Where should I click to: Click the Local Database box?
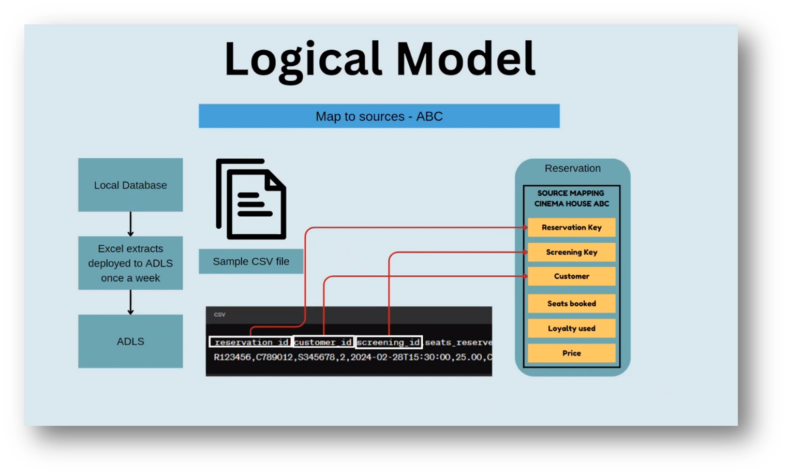[130, 185]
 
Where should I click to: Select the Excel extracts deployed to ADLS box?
[130, 263]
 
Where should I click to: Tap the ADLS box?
[130, 341]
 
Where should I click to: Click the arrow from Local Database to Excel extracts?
[130, 224]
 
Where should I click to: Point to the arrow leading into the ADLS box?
[130, 302]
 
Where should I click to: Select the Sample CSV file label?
[251, 261]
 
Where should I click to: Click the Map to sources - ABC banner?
[379, 116]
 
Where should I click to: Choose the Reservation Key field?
[571, 227]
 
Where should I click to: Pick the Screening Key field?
[571, 252]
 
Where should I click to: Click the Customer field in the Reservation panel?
[571, 276]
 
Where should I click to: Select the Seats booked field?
[571, 304]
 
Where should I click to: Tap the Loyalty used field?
[571, 329]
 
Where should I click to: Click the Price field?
[571, 353]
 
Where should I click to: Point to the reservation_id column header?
[250, 342]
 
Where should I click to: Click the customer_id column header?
[323, 342]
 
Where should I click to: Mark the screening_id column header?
[389, 342]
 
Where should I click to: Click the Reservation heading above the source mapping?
[572, 168]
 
